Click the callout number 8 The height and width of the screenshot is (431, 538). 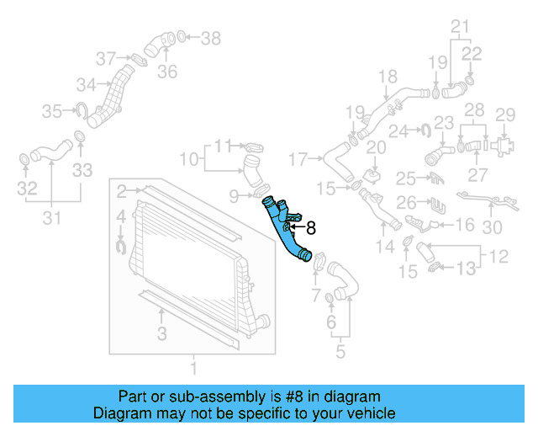coord(311,226)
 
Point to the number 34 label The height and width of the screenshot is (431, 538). coord(85,85)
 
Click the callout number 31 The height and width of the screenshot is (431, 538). coord(51,220)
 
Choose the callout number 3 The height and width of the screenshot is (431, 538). coord(161,334)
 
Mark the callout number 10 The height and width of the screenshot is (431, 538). coord(190,157)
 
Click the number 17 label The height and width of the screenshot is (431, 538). coord(299,157)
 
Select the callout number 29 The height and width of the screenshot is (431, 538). coord(504,114)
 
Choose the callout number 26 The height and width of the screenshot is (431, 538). coord(406,203)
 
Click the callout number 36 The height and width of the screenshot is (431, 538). coord(167,72)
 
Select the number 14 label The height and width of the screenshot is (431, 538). coord(385,247)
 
